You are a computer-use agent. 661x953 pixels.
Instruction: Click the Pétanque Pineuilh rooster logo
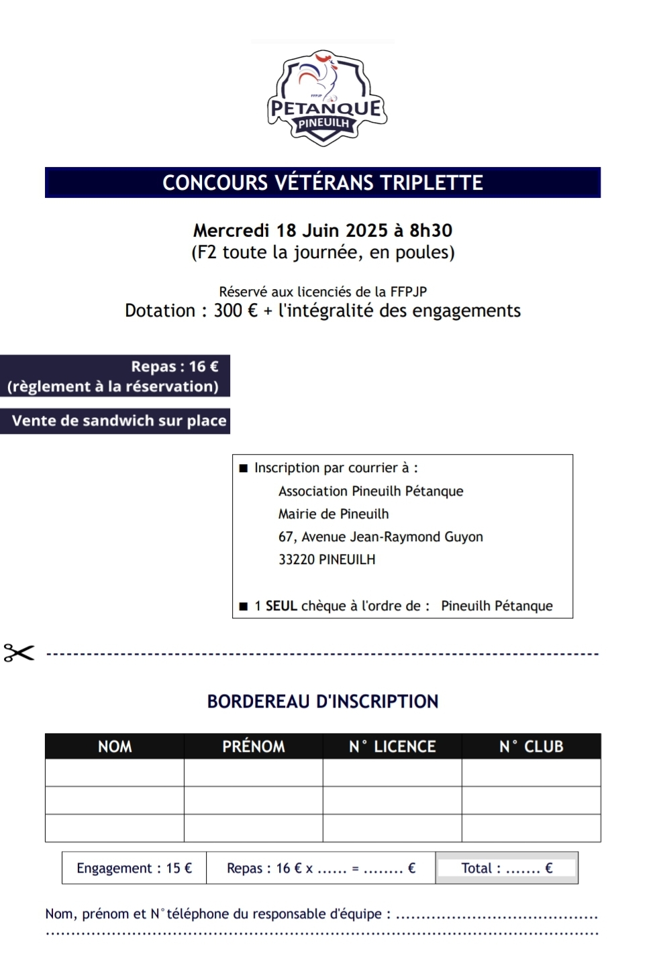pyautogui.click(x=326, y=98)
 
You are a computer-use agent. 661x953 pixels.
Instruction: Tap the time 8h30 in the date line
pyautogui.click(x=431, y=231)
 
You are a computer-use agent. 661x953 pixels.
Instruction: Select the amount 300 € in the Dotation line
pyautogui.click(x=236, y=311)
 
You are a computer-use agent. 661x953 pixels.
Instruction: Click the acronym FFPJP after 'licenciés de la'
pyautogui.click(x=409, y=292)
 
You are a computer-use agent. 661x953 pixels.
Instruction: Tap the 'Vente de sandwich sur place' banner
pyautogui.click(x=119, y=421)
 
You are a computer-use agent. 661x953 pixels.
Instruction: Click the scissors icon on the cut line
pyautogui.click(x=19, y=653)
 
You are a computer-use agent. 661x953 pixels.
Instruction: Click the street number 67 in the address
pyautogui.click(x=286, y=537)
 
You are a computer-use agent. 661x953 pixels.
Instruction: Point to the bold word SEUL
pyautogui.click(x=281, y=606)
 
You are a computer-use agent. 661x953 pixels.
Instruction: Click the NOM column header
pyautogui.click(x=115, y=746)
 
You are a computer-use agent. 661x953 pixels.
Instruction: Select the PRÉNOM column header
pyautogui.click(x=254, y=746)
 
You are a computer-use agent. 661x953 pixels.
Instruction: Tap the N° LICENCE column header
pyautogui.click(x=393, y=746)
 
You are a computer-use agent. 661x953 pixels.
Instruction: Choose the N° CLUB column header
pyautogui.click(x=531, y=746)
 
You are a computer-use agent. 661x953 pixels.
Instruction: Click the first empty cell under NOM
pyautogui.click(x=115, y=773)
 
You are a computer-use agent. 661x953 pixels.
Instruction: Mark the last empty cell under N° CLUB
pyautogui.click(x=531, y=828)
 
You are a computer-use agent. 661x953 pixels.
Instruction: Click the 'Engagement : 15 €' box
pyautogui.click(x=134, y=868)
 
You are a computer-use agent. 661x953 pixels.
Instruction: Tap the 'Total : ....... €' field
pyautogui.click(x=507, y=868)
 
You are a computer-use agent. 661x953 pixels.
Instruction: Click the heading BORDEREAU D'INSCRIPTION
pyautogui.click(x=323, y=702)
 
